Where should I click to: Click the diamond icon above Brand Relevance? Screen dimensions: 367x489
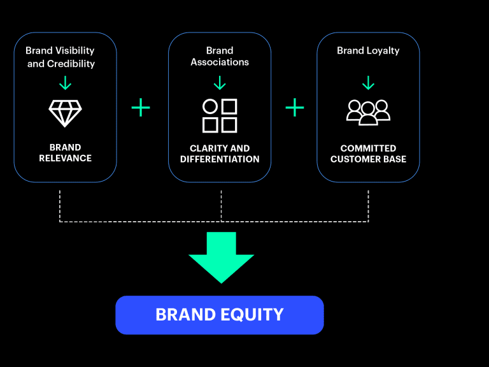pos(65,113)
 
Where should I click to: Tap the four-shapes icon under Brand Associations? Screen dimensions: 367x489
pos(220,115)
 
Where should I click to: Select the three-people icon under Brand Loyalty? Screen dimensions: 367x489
pos(368,112)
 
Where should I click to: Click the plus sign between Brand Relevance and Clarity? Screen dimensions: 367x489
pos(141,108)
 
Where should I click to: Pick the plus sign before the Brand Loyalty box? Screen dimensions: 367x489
pos(295,108)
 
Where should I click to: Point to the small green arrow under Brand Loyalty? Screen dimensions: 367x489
pos(368,83)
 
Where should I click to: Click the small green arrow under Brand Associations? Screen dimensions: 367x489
pos(220,83)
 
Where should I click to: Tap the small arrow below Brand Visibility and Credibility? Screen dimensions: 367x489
pos(65,83)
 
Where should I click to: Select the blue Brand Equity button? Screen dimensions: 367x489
pos(219,315)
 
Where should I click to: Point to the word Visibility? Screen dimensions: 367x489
pos(74,50)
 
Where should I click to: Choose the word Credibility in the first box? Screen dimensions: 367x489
pos(71,64)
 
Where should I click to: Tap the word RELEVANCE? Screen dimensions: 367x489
pos(65,159)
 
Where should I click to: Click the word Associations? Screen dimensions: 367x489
pos(220,62)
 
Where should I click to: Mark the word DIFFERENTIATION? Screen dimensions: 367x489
pos(220,159)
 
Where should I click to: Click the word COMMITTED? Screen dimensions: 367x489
pos(368,148)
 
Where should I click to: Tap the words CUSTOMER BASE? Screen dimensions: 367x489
pos(368,159)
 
